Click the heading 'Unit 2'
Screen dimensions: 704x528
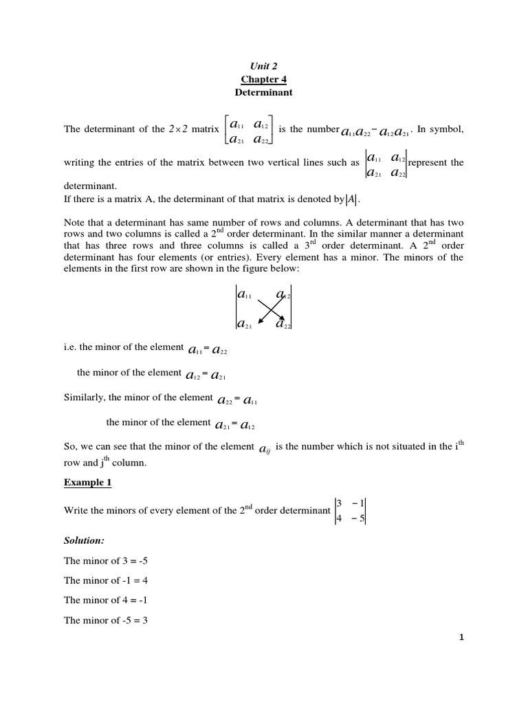tap(263, 66)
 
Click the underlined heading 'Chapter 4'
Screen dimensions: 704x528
tap(263, 78)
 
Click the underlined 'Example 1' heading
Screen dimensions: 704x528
tap(87, 483)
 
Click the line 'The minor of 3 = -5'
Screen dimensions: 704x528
tap(105, 562)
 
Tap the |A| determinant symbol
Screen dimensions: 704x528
tap(351, 200)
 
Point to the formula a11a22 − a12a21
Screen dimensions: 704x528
tap(377, 131)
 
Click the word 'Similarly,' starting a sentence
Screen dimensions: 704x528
tap(85, 397)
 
